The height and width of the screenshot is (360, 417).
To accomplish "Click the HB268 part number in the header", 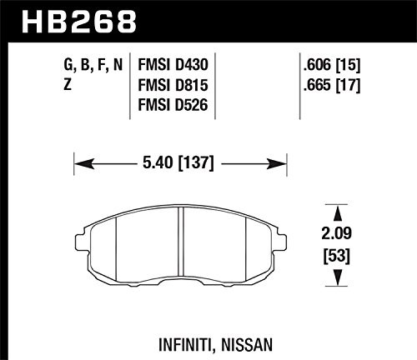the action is tap(79, 22).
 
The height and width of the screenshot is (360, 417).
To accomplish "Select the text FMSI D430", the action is tap(173, 65).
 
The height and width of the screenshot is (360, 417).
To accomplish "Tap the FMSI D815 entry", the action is tap(173, 85).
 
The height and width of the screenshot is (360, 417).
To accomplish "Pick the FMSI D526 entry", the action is tap(173, 105).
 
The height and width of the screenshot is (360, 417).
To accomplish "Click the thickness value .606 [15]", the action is tap(332, 65).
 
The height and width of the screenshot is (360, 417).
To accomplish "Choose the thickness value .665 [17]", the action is tap(332, 85).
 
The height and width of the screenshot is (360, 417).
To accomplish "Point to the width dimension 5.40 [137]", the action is tap(178, 163).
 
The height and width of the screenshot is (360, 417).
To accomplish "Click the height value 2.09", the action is tap(336, 233).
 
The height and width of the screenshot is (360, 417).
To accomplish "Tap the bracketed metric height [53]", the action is tap(337, 256).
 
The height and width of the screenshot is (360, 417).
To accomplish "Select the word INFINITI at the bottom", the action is tap(187, 345).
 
